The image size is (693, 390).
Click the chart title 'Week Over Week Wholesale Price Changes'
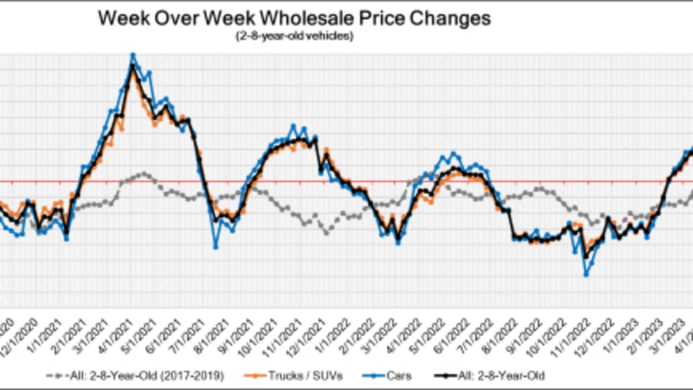293,18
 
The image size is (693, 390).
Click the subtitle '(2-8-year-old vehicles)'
293,36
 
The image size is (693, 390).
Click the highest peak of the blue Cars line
132,54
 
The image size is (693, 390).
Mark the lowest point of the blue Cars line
586,274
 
